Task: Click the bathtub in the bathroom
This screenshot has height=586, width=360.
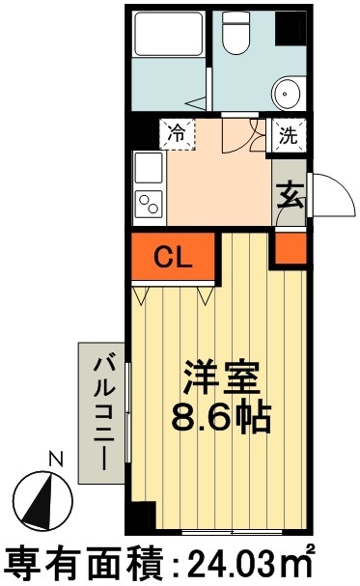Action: click(x=166, y=37)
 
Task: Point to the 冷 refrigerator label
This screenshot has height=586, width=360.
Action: click(x=177, y=133)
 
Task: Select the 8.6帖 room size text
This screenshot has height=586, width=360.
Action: click(x=222, y=417)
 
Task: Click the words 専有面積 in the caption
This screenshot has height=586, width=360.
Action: click(x=77, y=562)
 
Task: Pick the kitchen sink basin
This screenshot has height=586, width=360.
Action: click(x=149, y=170)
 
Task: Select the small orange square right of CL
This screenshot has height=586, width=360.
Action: click(x=288, y=250)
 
